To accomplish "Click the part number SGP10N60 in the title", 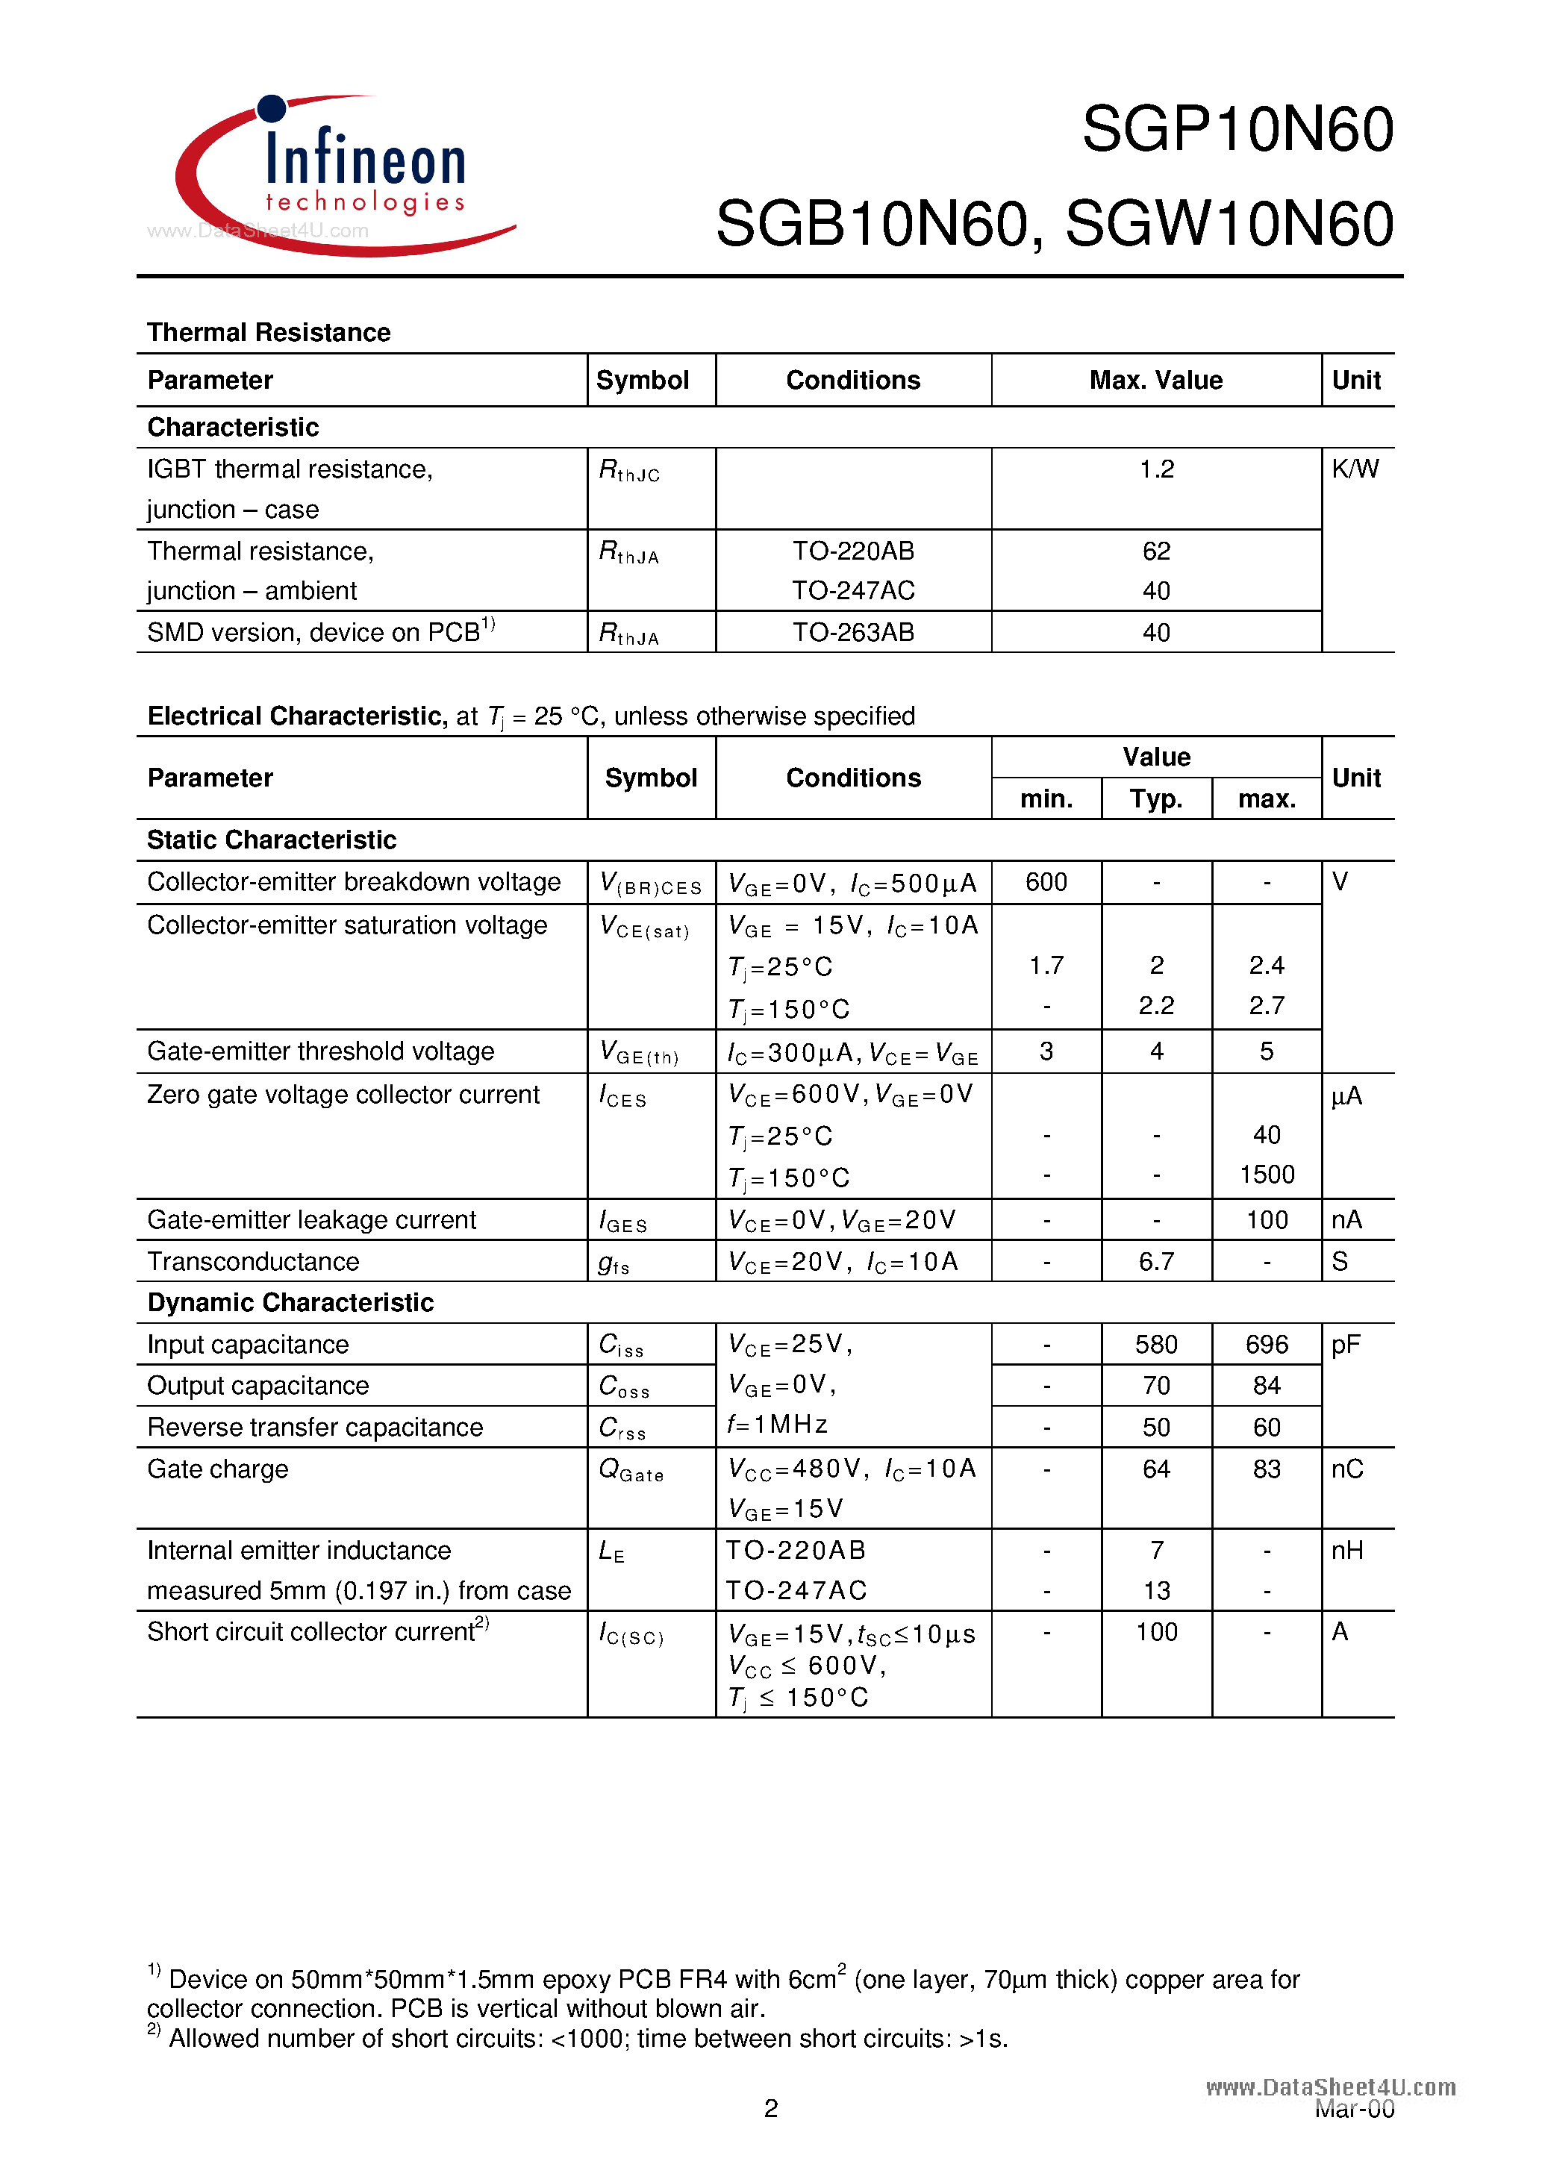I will [x=1237, y=129].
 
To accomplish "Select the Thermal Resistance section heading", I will [x=268, y=333].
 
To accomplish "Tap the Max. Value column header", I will [x=1155, y=380].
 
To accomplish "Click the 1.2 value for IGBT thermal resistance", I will [x=1156, y=469].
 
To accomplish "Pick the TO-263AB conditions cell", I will [x=853, y=633].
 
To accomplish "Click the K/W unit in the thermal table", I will [x=1355, y=469].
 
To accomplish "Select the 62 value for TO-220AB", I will [x=1156, y=551].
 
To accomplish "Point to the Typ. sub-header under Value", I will [x=1156, y=799].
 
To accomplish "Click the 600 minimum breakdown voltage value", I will [x=1046, y=882].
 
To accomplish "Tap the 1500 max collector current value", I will [x=1267, y=1175].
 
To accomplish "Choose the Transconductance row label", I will [x=253, y=1261].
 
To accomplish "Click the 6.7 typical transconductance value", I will [x=1156, y=1261].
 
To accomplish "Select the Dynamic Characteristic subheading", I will [x=290, y=1303].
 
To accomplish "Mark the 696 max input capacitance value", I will [x=1267, y=1345].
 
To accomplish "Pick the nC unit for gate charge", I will [x=1346, y=1469].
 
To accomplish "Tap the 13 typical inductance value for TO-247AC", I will [x=1156, y=1591].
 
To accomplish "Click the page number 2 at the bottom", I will [x=771, y=2109].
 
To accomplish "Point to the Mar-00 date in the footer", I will [x=1354, y=2110].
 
